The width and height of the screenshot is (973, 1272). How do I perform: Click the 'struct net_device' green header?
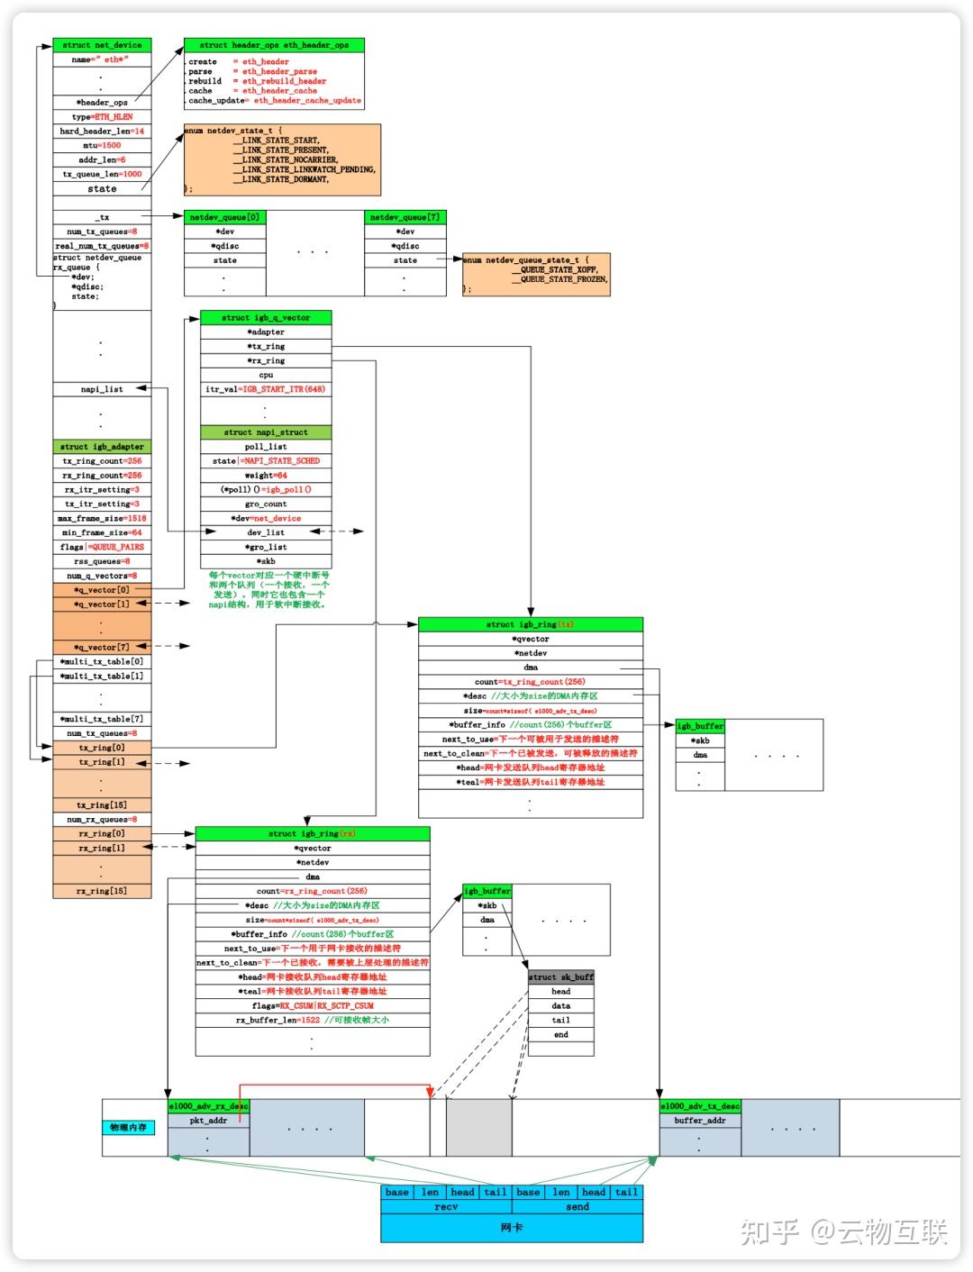coord(102,45)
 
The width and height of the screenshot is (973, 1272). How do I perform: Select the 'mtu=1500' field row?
coord(102,145)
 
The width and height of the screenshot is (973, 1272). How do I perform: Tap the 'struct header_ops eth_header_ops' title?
coord(274,45)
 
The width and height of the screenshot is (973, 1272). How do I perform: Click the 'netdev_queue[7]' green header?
coord(405,217)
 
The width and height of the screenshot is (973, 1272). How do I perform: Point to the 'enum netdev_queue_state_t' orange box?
coord(536,274)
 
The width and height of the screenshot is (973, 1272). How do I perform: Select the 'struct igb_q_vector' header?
coord(266,318)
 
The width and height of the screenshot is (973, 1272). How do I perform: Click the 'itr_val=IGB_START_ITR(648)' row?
coord(266,389)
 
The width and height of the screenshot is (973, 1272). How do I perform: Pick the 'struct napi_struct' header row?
coord(266,432)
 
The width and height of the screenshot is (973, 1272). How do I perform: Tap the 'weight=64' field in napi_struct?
coord(266,476)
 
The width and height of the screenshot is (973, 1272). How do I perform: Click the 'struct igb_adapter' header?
coord(102,447)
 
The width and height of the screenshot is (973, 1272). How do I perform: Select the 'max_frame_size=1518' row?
coord(102,518)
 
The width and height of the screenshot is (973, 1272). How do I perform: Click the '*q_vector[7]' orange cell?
coord(102,647)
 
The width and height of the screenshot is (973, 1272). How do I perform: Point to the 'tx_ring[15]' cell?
coord(102,805)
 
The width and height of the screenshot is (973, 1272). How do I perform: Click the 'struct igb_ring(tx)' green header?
coord(531,624)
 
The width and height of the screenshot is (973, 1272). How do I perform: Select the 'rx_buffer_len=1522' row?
coord(312,1021)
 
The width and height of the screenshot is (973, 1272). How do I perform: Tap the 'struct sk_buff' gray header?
coord(560,977)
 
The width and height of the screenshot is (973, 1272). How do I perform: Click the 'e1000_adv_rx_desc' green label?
coord(208,1106)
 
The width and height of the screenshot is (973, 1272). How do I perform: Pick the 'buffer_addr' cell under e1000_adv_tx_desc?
coord(700,1121)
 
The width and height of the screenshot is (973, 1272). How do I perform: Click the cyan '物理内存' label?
coord(130,1128)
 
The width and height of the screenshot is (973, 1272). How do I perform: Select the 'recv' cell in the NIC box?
coord(446,1207)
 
